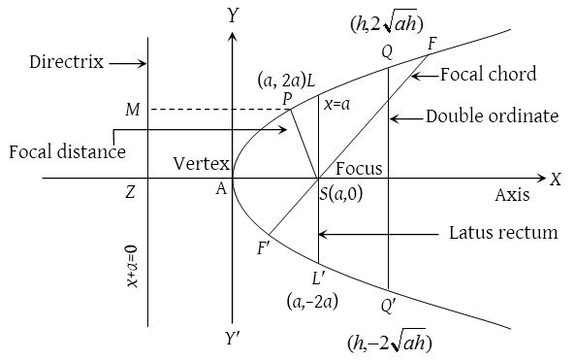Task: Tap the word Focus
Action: click(360, 168)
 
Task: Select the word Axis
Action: click(512, 195)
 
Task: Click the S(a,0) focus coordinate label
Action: click(341, 194)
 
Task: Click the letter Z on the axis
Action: click(129, 193)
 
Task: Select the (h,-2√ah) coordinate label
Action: click(389, 344)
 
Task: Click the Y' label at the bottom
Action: click(233, 340)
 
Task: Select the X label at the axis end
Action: click(556, 180)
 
